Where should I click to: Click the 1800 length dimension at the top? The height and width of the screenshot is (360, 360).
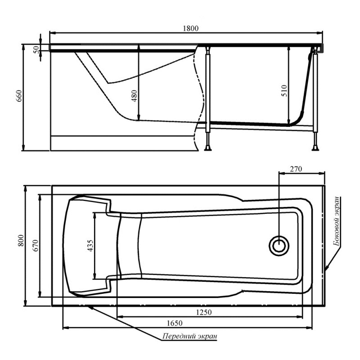click(190, 28)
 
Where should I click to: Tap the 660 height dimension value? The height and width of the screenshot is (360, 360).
click(19, 96)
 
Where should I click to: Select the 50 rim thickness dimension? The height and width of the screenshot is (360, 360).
click(36, 49)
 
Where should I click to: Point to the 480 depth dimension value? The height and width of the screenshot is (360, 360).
click(134, 96)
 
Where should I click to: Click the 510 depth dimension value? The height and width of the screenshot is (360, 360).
click(284, 91)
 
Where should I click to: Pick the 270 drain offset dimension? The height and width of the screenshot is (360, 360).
click(296, 169)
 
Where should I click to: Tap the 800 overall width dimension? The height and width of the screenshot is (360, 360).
click(21, 240)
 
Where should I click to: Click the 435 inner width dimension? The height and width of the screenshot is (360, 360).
click(90, 245)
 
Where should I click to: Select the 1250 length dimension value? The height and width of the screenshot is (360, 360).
click(204, 312)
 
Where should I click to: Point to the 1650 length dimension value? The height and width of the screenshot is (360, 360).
click(175, 323)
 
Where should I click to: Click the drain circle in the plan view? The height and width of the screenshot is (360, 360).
click(279, 245)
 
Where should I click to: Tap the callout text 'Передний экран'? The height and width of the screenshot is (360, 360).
click(189, 336)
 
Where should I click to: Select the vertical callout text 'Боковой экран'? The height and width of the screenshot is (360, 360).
click(337, 221)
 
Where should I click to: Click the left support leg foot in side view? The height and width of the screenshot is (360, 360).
click(208, 148)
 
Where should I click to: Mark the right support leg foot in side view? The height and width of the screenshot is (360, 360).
click(315, 148)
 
